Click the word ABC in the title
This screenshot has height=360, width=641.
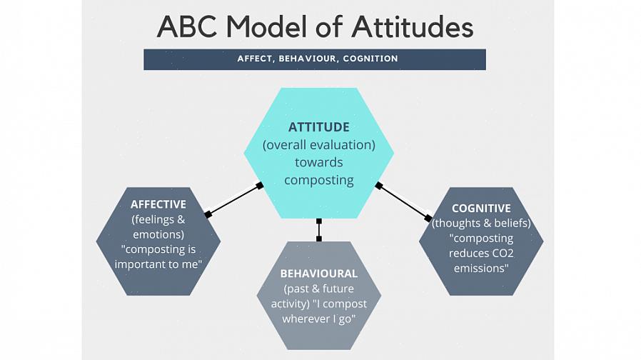click(188, 27)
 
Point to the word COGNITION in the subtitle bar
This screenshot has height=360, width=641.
click(370, 59)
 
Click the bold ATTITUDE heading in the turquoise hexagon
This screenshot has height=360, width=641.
click(318, 127)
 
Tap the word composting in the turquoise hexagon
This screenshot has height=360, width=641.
click(318, 180)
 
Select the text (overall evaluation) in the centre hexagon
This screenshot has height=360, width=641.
click(318, 145)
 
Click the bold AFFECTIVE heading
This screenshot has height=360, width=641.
click(158, 204)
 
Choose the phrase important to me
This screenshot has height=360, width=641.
click(158, 265)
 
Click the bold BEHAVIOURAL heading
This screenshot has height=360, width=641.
click(318, 274)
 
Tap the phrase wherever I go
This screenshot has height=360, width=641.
click(318, 319)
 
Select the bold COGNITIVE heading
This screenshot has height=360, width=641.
click(481, 209)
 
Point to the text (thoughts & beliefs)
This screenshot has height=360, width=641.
click(481, 224)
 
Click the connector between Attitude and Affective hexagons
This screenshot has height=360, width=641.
click(233, 200)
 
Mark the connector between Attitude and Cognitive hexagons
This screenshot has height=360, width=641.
click(403, 201)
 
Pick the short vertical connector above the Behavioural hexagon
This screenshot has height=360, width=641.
click(318, 230)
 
